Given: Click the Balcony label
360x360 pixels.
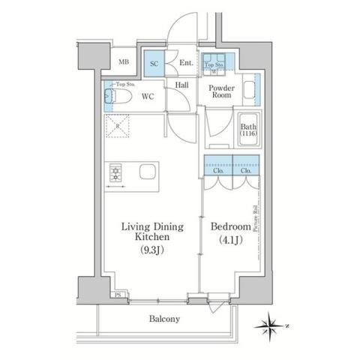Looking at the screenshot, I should coord(163,319).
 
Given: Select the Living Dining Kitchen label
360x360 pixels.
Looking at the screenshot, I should coord(157,230).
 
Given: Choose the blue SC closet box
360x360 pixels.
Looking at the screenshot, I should coord(154,64).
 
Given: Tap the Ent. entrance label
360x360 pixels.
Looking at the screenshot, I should coord(186,64).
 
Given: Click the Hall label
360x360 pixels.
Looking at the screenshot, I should coord(181,85).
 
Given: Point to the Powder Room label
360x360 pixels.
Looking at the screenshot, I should coord(220,91).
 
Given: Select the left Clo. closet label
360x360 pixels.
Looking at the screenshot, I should coord(218,171).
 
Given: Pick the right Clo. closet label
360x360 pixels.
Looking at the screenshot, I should coord(246,171).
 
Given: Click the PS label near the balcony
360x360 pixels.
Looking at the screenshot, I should coord(117,295).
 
